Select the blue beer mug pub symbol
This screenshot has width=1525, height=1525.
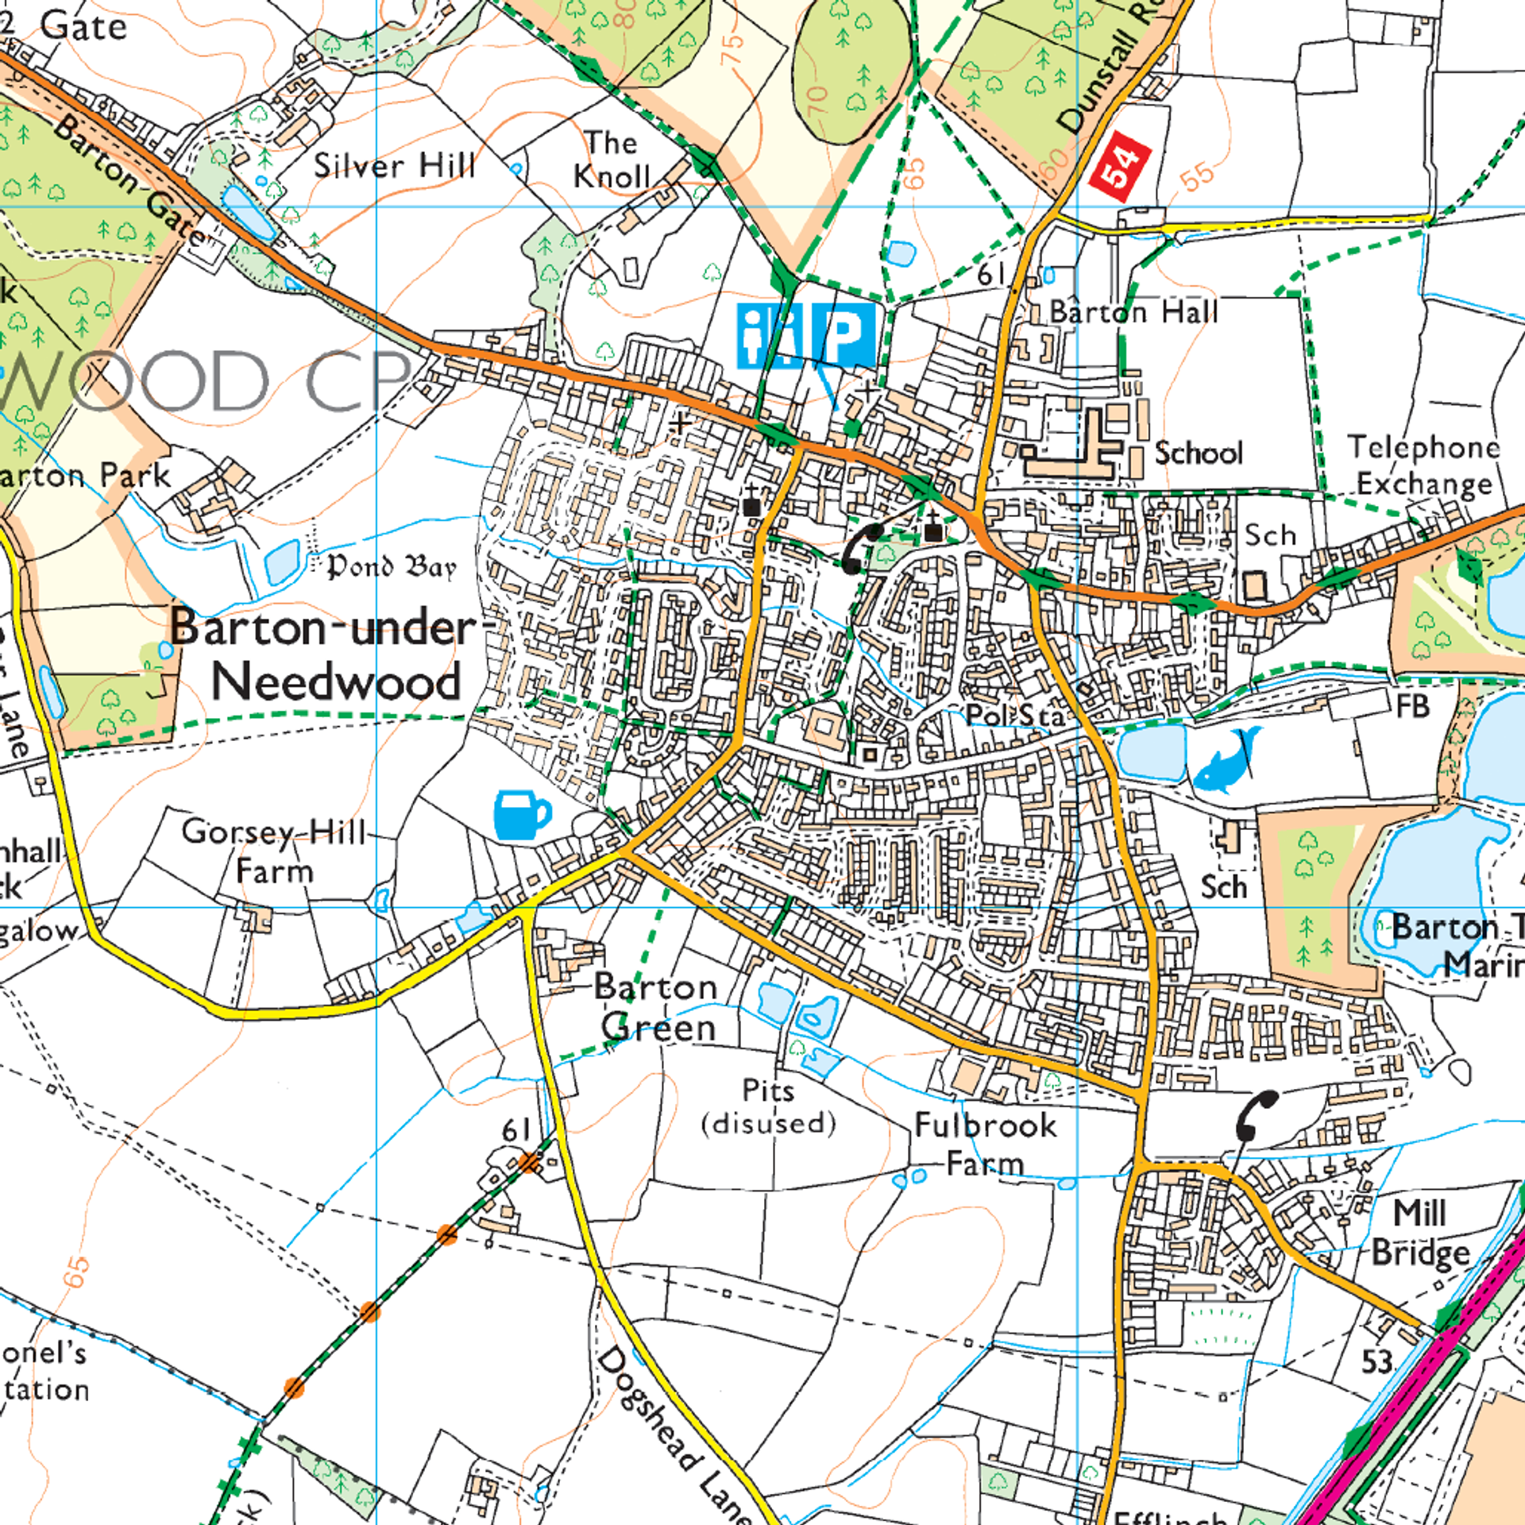[x=521, y=815]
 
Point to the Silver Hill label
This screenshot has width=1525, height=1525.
[x=394, y=166]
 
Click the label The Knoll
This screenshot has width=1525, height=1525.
[x=612, y=160]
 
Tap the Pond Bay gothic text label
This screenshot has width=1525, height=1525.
[x=392, y=566]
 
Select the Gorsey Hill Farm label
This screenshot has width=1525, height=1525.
[x=274, y=851]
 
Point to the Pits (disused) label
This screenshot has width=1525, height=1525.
[x=769, y=1107]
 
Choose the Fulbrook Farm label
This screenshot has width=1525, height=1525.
[x=986, y=1145]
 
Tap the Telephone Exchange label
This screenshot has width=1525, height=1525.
[x=1424, y=465]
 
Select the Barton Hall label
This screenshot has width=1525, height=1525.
[x=1133, y=312]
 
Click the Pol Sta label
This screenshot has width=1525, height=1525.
[x=1014, y=716]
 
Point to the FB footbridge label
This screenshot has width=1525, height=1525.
[x=1412, y=706]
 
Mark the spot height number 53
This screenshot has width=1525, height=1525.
[x=1376, y=1362]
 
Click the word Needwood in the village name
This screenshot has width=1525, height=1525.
[x=335, y=681]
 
